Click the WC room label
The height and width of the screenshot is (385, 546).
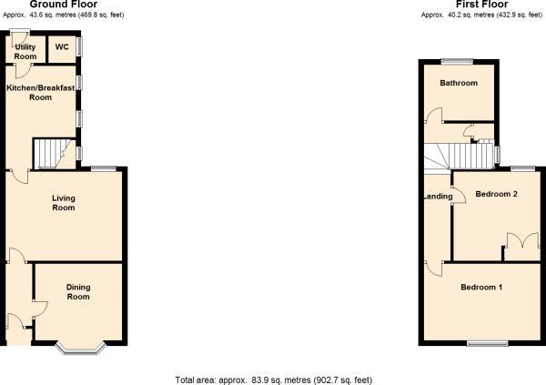click(62, 47)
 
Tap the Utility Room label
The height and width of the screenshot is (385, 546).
click(25, 52)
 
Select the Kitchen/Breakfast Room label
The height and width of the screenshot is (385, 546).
click(40, 92)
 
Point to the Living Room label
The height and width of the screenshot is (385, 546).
click(64, 203)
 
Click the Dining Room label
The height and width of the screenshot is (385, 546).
click(78, 292)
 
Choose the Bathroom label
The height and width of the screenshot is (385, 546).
click(459, 83)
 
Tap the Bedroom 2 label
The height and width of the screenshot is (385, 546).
click(497, 194)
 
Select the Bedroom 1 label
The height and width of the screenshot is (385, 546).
click(481, 287)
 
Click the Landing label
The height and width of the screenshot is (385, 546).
click(438, 197)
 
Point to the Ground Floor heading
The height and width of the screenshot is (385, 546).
click(64, 5)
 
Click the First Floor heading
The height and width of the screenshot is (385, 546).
click(482, 5)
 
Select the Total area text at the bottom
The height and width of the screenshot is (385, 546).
click(274, 380)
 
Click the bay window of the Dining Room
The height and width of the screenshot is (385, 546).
click(80, 350)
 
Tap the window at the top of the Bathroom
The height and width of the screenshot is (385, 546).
click(457, 62)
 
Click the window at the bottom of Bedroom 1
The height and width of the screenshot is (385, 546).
click(488, 343)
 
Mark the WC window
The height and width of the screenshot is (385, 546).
click(79, 47)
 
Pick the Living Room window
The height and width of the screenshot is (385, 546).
click(104, 169)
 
